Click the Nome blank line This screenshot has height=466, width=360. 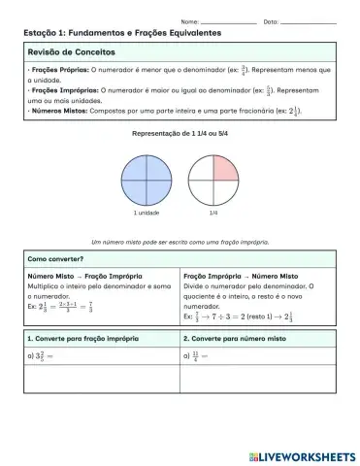[x=229, y=20]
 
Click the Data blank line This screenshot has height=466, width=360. [x=308, y=20]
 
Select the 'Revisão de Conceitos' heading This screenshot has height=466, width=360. [x=72, y=50]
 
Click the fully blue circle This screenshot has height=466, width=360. [x=146, y=176]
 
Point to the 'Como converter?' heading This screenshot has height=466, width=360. [x=55, y=260]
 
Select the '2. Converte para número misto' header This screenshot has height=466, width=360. [x=234, y=339]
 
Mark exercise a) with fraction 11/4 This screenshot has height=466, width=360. [x=195, y=357]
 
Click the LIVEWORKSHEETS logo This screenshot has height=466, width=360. [x=302, y=455]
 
